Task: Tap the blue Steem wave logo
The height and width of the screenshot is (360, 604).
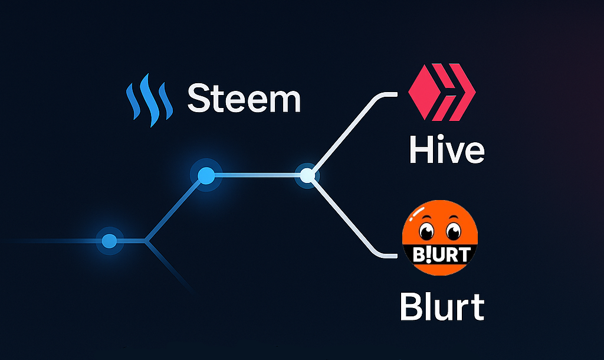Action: click(149, 104)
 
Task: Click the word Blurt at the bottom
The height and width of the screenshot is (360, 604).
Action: click(442, 306)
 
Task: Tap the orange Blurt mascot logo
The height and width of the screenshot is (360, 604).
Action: click(440, 237)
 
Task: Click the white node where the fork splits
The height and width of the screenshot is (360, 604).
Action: click(307, 175)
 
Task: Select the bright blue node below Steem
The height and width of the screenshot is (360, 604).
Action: click(206, 175)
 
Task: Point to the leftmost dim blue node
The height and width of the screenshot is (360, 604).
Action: click(109, 241)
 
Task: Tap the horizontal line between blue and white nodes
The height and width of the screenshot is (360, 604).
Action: click(257, 175)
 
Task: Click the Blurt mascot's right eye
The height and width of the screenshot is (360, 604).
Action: click(453, 230)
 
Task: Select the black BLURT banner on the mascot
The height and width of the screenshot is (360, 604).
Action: click(440, 254)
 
